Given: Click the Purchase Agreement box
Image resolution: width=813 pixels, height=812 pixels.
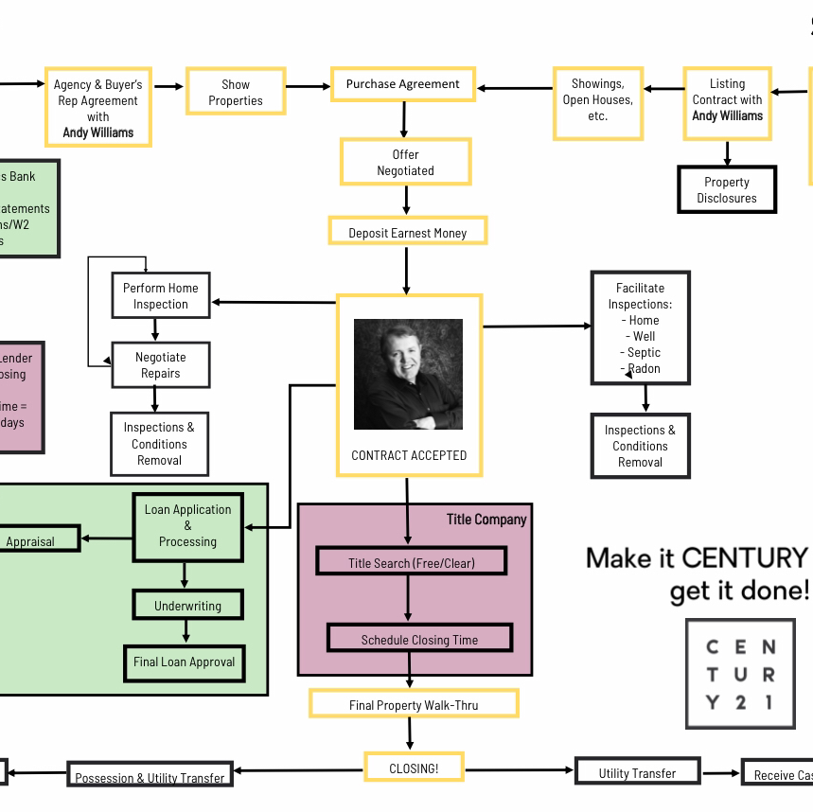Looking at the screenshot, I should (x=402, y=84).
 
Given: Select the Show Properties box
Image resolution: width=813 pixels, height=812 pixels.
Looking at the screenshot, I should (x=236, y=92).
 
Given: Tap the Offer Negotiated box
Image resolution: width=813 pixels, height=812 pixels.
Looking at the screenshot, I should (x=405, y=162).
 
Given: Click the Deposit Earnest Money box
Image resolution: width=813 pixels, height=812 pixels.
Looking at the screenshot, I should (x=407, y=232).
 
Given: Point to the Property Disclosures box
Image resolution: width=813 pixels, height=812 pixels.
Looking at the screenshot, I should (x=727, y=189).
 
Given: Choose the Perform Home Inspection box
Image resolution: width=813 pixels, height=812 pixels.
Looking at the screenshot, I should (x=161, y=295).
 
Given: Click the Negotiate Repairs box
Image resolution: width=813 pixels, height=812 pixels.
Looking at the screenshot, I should (x=160, y=364).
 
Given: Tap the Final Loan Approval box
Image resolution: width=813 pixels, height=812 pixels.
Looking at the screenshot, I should (x=184, y=662).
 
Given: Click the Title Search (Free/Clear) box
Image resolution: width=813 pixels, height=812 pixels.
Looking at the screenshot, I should (x=411, y=562).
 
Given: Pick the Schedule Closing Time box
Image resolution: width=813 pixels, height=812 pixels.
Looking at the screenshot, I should (x=419, y=639).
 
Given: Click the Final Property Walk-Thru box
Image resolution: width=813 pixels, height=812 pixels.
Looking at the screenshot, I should (x=414, y=704).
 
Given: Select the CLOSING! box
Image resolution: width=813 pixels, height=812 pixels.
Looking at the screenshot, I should (x=414, y=768).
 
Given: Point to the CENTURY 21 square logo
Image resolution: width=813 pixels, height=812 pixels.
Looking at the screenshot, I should (x=740, y=674).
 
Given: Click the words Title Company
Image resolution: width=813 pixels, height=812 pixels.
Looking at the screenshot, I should (x=486, y=520).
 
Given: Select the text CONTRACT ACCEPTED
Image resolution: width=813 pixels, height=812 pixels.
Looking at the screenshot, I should (x=409, y=455).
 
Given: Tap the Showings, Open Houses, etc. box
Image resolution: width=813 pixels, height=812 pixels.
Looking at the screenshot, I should (x=597, y=100).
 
